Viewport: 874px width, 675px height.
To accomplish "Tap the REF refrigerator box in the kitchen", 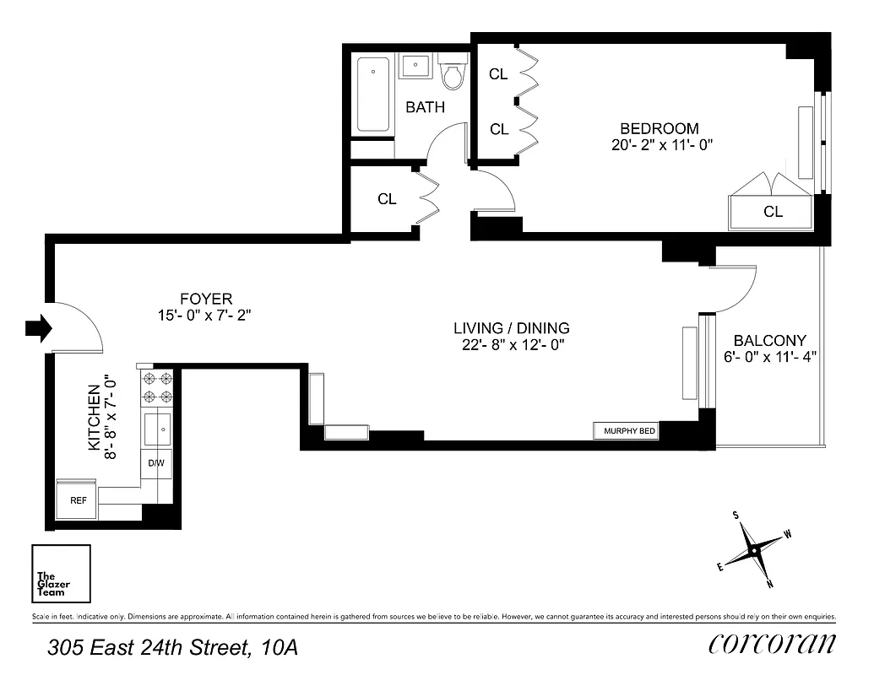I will (78, 500).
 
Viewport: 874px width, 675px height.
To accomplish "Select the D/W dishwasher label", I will (156, 463).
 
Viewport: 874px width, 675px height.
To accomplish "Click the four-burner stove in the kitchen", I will (157, 387).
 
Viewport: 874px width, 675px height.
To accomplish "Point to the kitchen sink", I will (158, 429).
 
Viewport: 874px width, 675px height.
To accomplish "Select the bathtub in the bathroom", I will (373, 94).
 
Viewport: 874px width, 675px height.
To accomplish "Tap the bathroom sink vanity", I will (415, 66).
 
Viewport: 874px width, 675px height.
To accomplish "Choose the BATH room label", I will (425, 107).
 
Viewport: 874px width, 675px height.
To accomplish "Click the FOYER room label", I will (205, 299).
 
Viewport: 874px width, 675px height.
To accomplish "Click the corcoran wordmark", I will (772, 644).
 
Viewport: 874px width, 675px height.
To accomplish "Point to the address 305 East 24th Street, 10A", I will (172, 648).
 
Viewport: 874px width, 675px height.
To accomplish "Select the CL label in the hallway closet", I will (387, 199).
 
